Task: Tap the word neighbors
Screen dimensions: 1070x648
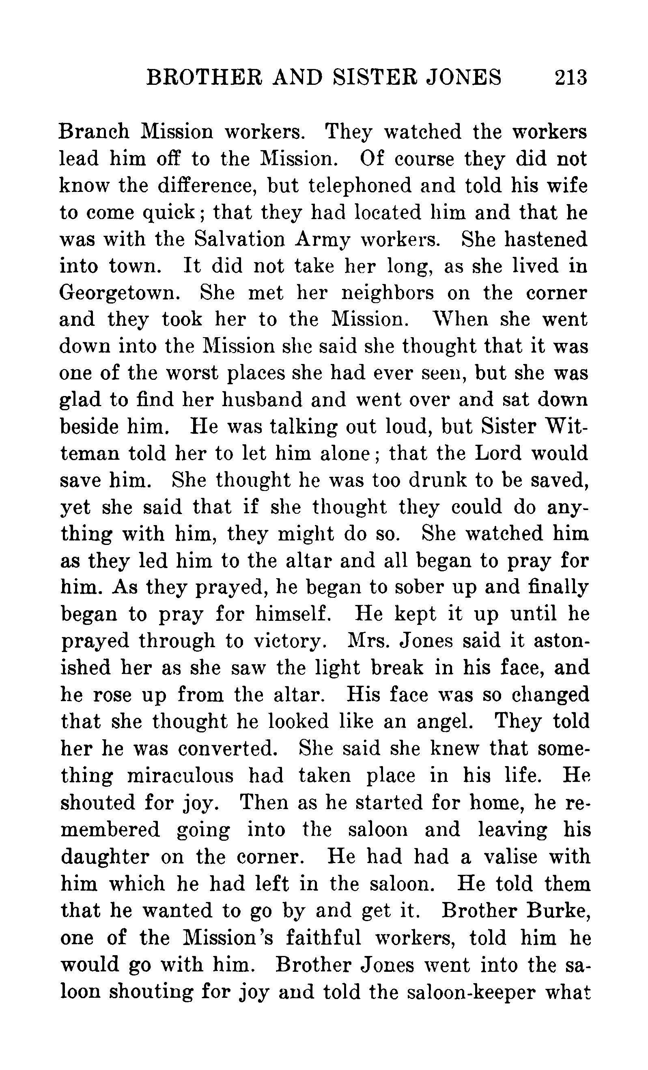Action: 388,293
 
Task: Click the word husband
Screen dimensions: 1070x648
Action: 261,400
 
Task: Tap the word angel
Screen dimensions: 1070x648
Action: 445,721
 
